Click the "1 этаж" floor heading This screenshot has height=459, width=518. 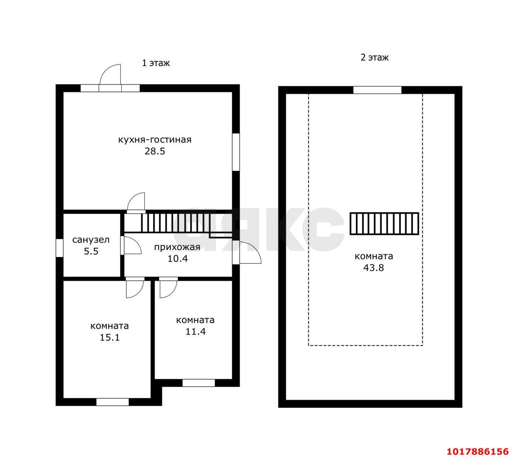(155, 63)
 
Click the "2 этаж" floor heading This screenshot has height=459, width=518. (374, 57)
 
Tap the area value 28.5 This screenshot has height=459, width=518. (155, 151)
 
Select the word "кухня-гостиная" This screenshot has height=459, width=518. (155, 140)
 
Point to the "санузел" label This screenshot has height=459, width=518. (91, 240)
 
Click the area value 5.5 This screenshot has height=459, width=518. (91, 251)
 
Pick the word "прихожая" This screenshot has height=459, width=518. (177, 247)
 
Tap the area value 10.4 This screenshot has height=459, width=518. (177, 259)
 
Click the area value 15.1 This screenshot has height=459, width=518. (109, 338)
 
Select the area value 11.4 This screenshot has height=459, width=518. (195, 331)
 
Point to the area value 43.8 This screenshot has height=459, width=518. (374, 268)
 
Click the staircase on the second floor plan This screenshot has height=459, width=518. (384, 223)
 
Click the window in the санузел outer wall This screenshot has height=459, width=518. (59, 248)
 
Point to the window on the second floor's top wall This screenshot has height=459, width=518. (378, 90)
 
